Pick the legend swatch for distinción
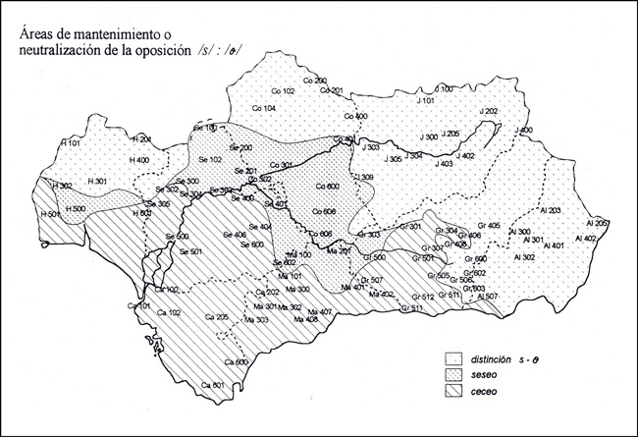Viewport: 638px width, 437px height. click(452, 357)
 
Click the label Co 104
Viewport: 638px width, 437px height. click(263, 107)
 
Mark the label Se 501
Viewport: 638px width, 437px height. click(189, 251)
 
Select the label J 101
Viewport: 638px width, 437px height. click(425, 100)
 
